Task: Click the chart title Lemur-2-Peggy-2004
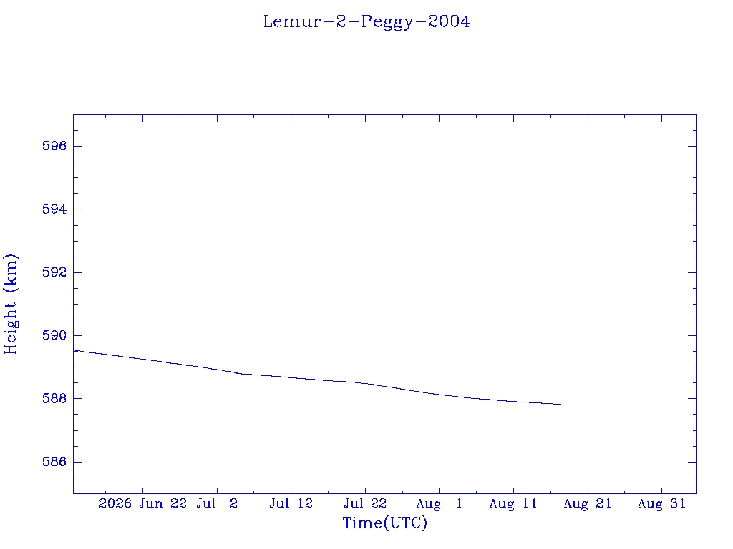pos(366,22)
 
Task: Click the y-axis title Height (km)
pos(10,304)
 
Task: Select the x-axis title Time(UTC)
pos(384,523)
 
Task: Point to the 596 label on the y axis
pos(54,146)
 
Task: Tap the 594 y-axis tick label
pos(54,209)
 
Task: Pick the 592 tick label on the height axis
pos(54,272)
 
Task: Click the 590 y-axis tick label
pos(54,336)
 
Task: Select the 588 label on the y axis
pos(54,399)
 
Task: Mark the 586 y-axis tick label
pos(54,462)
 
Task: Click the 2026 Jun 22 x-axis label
pos(142,503)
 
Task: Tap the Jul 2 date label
pos(217,503)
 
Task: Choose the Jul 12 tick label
pos(291,503)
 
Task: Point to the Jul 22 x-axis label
pos(365,503)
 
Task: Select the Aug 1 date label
pos(439,504)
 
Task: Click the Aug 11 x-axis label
pos(513,504)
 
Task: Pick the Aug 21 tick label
pos(588,504)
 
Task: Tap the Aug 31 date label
pos(661,504)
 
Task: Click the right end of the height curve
pos(561,405)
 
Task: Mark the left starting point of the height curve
pos(74,350)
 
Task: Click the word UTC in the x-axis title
pos(405,523)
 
